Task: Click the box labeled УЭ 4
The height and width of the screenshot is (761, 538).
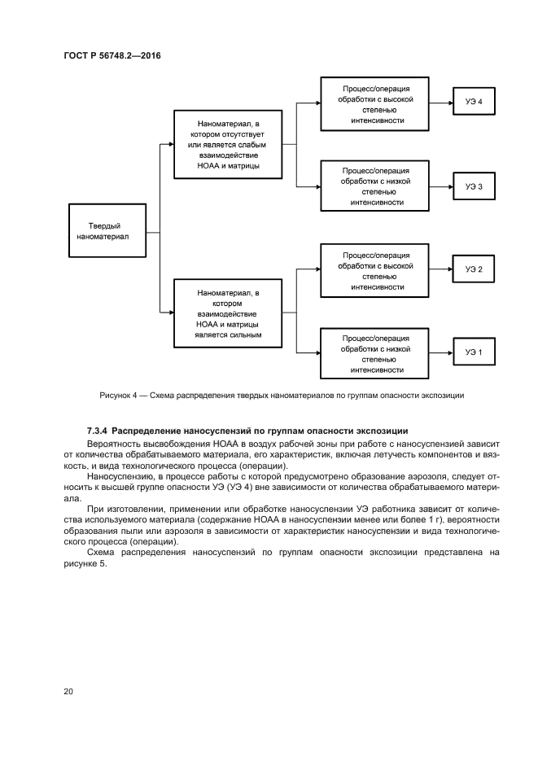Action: click(x=474, y=103)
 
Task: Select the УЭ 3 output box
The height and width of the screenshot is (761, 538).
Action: click(x=474, y=187)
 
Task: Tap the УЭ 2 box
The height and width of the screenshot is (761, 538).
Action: click(x=474, y=269)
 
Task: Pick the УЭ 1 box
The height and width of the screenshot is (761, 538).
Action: click(x=474, y=352)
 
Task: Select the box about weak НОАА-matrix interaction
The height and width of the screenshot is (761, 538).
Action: click(x=229, y=145)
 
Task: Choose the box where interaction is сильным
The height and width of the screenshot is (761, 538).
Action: click(x=229, y=313)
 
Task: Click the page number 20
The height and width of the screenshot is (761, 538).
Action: click(x=68, y=691)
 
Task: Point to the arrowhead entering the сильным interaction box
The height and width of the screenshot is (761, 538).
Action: click(x=170, y=313)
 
